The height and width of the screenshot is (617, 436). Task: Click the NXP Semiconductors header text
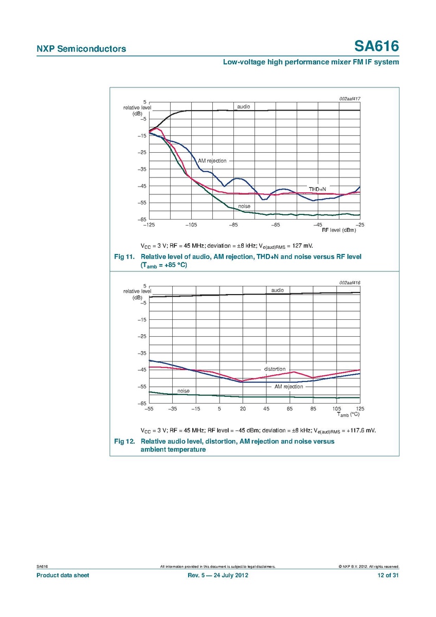[x=81, y=49]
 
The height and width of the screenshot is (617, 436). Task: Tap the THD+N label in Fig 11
[x=317, y=189]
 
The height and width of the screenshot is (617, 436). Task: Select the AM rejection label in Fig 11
[x=212, y=161]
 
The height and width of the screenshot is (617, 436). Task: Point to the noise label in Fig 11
[x=244, y=206]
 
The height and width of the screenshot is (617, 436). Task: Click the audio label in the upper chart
[x=243, y=106]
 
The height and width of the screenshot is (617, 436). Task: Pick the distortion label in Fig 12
[x=275, y=369]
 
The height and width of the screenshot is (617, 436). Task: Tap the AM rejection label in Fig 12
[x=288, y=386]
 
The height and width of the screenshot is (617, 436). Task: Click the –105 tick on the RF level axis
[x=191, y=225]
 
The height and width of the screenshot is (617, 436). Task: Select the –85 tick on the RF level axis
[x=233, y=225]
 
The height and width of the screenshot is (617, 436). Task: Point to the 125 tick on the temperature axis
[x=360, y=409]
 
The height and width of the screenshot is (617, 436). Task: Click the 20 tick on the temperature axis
[x=243, y=409]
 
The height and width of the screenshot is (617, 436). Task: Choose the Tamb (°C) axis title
[x=348, y=414]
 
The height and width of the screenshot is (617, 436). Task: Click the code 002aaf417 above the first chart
[x=349, y=98]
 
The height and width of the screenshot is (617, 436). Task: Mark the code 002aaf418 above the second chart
[x=349, y=282]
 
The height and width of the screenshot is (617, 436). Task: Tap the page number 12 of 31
[x=388, y=575]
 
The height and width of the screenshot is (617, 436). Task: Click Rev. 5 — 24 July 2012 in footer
[x=219, y=575]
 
